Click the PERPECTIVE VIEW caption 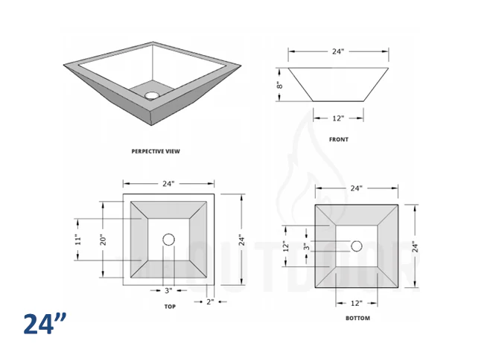pyautogui.click(x=156, y=151)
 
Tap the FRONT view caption pyautogui.click(x=338, y=139)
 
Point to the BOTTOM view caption pyautogui.click(x=357, y=318)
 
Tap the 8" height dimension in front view pyautogui.click(x=280, y=86)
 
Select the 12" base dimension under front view pyautogui.click(x=337, y=118)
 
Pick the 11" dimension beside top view pyautogui.click(x=77, y=240)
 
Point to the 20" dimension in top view pyautogui.click(x=104, y=240)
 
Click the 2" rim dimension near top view pyautogui.click(x=210, y=301)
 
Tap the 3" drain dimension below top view pyautogui.click(x=168, y=290)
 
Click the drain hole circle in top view pyautogui.click(x=168, y=240)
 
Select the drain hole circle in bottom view pyautogui.click(x=357, y=246)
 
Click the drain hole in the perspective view pyautogui.click(x=153, y=95)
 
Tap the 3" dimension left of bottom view pyautogui.click(x=305, y=246)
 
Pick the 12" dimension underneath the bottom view pyautogui.click(x=357, y=303)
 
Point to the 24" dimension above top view pyautogui.click(x=168, y=183)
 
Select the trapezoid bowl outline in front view pyautogui.click(x=337, y=83)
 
